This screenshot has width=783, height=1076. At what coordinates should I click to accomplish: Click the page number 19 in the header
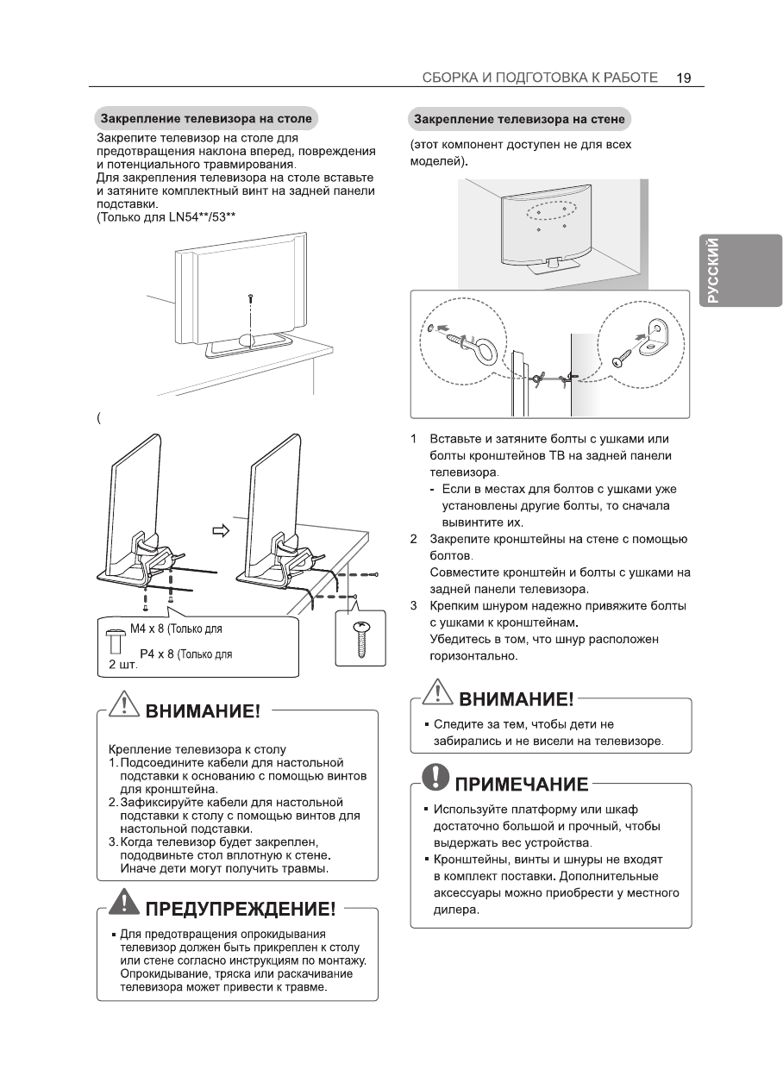pyautogui.click(x=684, y=77)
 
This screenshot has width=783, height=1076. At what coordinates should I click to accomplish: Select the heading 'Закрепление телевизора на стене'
pyautogui.click(x=519, y=118)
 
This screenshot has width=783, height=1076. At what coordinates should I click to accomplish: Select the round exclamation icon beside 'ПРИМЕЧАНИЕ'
pyautogui.click(x=438, y=780)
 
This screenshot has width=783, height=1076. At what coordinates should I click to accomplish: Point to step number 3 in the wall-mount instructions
pyautogui.click(x=414, y=606)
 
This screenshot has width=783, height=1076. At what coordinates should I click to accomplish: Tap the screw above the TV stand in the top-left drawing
pyautogui.click(x=249, y=297)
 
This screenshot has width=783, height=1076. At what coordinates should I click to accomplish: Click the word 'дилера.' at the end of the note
pyautogui.click(x=455, y=910)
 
